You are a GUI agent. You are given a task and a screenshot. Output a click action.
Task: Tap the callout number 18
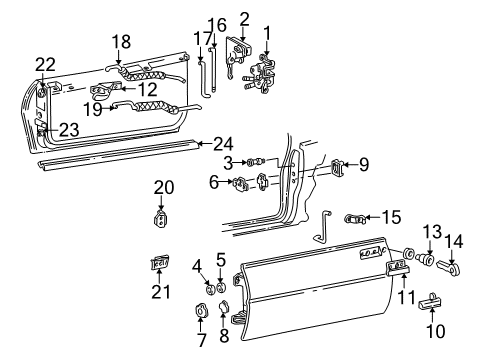click(120, 43)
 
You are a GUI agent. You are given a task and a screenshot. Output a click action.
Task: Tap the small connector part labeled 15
click(357, 218)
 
